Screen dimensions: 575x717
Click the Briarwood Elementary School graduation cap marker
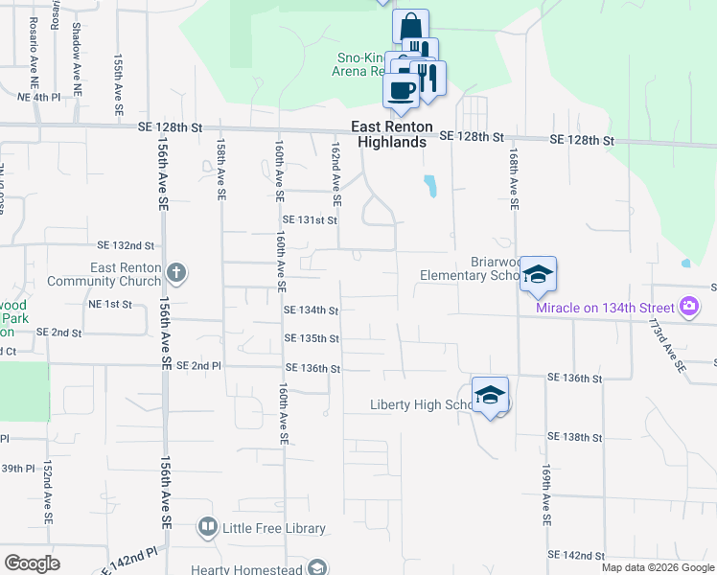tap(539, 274)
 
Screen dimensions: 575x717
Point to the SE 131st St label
tap(310, 220)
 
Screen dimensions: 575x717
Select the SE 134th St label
tap(312, 310)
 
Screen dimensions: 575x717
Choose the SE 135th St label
tap(312, 338)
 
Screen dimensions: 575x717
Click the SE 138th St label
tap(574, 437)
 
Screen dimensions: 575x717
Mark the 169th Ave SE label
tap(544, 494)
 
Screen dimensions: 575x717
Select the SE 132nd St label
tap(127, 245)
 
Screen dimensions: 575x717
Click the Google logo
tap(32, 563)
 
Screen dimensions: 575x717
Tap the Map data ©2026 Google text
tap(657, 567)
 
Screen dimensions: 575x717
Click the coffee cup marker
tap(402, 91)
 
